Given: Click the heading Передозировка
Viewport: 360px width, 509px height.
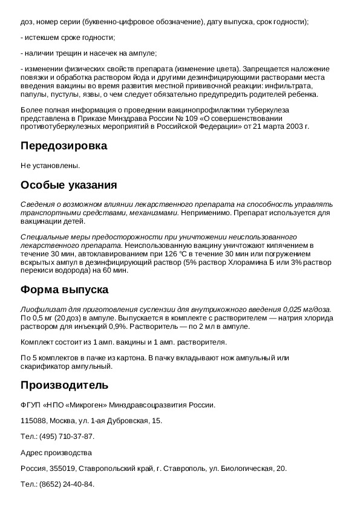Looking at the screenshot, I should [64, 146].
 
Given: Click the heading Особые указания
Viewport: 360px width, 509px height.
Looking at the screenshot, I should [68, 184].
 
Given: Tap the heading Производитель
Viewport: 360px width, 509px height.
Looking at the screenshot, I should [64, 385].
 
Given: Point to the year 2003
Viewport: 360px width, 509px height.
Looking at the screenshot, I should [291, 126].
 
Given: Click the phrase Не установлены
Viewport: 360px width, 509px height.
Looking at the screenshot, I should [50, 165].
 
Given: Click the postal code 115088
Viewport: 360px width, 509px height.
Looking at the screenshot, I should [33, 421].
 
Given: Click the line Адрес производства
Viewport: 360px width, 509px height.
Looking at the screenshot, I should [56, 452].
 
